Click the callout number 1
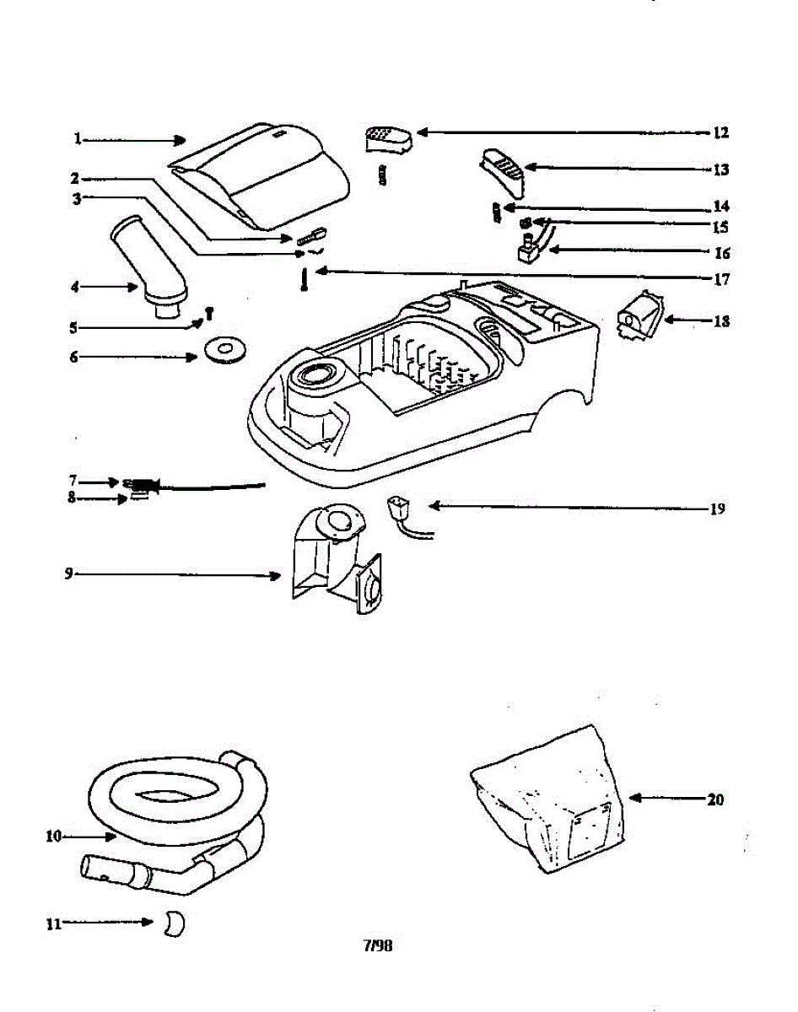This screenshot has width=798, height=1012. [77, 138]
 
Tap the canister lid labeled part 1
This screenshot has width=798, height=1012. [262, 175]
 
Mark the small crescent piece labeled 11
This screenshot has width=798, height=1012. [173, 923]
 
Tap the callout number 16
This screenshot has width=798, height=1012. [720, 252]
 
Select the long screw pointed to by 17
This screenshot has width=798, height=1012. [303, 279]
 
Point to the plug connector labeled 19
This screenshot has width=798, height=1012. [399, 511]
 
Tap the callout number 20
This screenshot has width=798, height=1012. [715, 799]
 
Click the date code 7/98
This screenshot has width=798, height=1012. [378, 946]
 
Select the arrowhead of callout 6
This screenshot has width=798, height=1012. [193, 358]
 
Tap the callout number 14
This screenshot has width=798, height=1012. [720, 207]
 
